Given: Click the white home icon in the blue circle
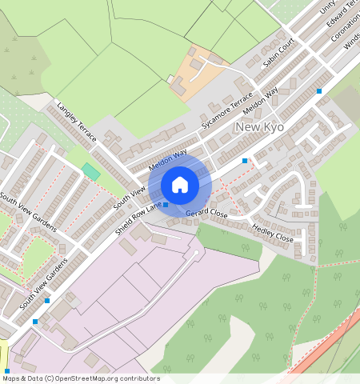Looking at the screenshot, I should (x=180, y=185).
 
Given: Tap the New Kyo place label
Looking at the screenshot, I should (x=261, y=128).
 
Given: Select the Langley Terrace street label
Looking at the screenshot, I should (x=76, y=122).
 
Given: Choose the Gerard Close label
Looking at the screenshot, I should (x=206, y=214).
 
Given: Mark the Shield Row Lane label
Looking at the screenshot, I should (x=138, y=217).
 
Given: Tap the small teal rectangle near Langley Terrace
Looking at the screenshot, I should (x=91, y=171).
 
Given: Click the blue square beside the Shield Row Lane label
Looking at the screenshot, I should (x=166, y=206).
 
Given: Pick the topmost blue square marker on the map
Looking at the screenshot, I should (x=319, y=91).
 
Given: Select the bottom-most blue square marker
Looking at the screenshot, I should (x=35, y=321).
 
